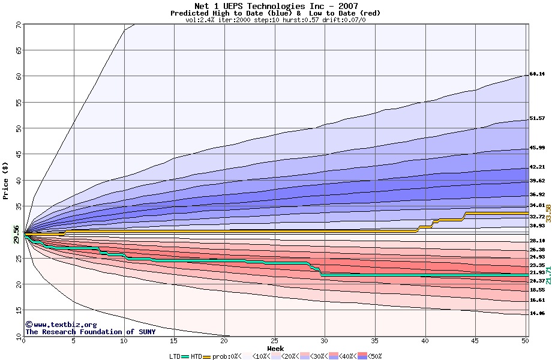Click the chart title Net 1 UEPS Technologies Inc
click(276, 6)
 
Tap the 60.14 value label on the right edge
click(537, 74)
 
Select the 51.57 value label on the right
click(537, 119)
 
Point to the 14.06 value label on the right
click(537, 313)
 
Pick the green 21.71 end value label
click(548, 275)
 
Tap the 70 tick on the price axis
click(18, 25)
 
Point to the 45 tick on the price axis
click(18, 154)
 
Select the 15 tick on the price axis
click(18, 310)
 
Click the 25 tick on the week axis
click(274, 341)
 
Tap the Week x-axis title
click(275, 349)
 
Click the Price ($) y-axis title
click(6, 180)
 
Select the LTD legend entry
click(175, 356)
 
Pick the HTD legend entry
click(196, 356)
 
